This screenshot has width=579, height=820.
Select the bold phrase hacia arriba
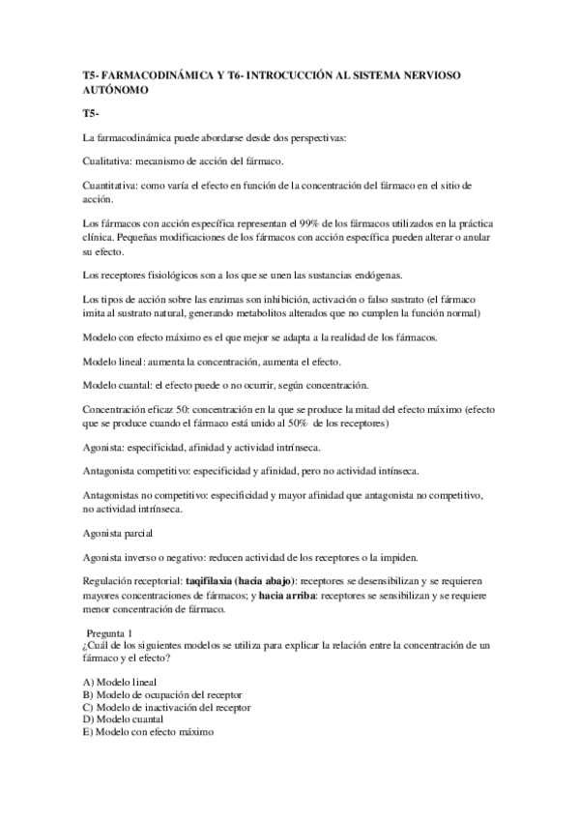click(x=291, y=596)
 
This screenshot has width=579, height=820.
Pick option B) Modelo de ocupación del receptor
click(x=162, y=694)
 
